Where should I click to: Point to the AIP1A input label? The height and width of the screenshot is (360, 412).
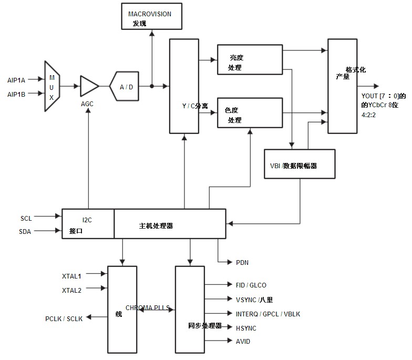[16, 80]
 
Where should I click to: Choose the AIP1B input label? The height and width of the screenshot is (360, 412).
[16, 95]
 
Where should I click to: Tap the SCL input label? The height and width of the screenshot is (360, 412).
[26, 219]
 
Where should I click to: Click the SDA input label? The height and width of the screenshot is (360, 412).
[25, 231]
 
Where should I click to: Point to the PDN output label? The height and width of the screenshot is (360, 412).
[242, 263]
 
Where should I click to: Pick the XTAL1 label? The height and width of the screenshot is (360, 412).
[71, 276]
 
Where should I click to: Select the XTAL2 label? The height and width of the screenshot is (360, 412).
[71, 290]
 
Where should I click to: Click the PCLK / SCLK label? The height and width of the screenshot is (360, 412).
[64, 318]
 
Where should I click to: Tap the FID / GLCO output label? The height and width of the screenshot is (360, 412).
[251, 285]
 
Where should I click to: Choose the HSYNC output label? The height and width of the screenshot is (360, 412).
[246, 328]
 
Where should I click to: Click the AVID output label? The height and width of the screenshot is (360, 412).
[243, 342]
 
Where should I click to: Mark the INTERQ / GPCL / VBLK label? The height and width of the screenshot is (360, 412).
[268, 314]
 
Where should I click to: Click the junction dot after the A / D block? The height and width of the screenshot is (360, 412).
[151, 86]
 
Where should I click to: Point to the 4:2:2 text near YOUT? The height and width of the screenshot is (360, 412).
[369, 115]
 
